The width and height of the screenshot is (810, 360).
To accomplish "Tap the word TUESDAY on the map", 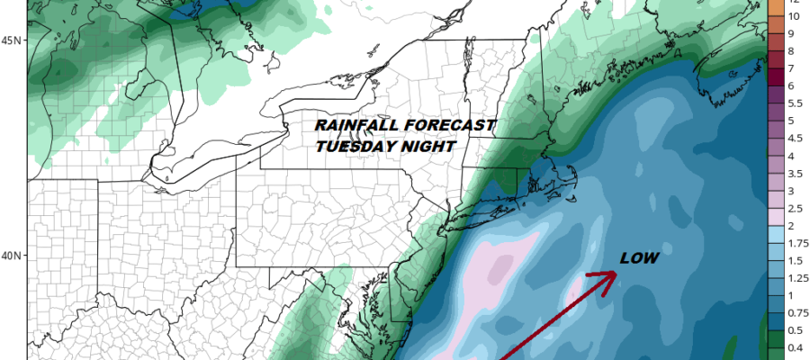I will (x=350, y=145).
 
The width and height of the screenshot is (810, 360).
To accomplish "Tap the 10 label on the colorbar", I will (x=795, y=17).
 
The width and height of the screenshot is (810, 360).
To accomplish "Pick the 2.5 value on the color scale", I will (x=794, y=209).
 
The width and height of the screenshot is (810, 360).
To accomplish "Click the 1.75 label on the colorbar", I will (x=796, y=243).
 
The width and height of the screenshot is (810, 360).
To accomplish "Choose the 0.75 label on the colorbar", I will (x=796, y=313).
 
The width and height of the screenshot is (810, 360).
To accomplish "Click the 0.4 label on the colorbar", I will (x=794, y=347).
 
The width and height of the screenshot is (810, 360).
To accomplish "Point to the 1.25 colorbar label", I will (x=796, y=278).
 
